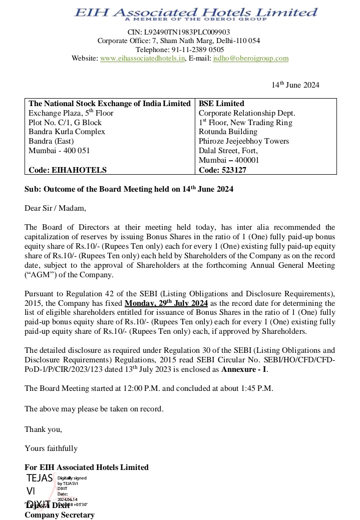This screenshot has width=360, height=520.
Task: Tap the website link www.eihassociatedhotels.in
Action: pyautogui.click(x=143, y=59)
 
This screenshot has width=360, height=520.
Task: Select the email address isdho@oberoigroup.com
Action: pyautogui.click(x=251, y=59)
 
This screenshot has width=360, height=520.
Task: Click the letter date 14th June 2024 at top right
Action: pyautogui.click(x=295, y=85)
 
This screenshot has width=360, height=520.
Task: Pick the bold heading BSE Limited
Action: pyautogui.click(x=221, y=104)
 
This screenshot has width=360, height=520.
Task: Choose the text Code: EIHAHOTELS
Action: pyautogui.click(x=68, y=170)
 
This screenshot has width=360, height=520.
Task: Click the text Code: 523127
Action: pyautogui.click(x=222, y=170)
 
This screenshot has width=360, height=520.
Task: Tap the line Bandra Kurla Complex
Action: pyautogui.click(x=67, y=132)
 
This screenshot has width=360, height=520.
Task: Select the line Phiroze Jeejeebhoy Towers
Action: pyautogui.click(x=243, y=141)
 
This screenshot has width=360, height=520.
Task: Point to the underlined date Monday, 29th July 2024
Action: pyautogui.click(x=166, y=303)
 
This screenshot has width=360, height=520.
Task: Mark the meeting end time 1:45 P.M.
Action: pyautogui.click(x=255, y=388)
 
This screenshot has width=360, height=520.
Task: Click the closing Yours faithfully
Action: pyautogui.click(x=51, y=448)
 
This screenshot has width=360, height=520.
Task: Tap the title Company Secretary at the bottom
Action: pyautogui.click(x=60, y=514)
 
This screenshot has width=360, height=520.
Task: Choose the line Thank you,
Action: pyautogui.click(x=44, y=429)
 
